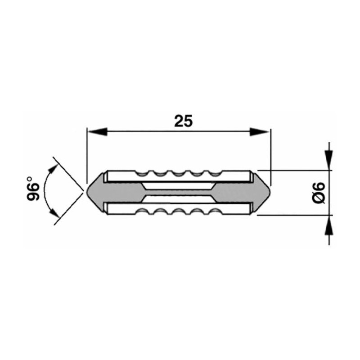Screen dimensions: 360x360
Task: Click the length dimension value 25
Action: [x=183, y=121]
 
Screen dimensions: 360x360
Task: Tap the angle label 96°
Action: [x=33, y=188]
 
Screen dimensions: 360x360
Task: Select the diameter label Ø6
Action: [x=319, y=193]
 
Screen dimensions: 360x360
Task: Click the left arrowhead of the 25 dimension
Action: [x=98, y=131]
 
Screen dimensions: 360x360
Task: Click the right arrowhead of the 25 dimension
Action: [x=260, y=131]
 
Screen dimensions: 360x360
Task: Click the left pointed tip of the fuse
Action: [x=87, y=193]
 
